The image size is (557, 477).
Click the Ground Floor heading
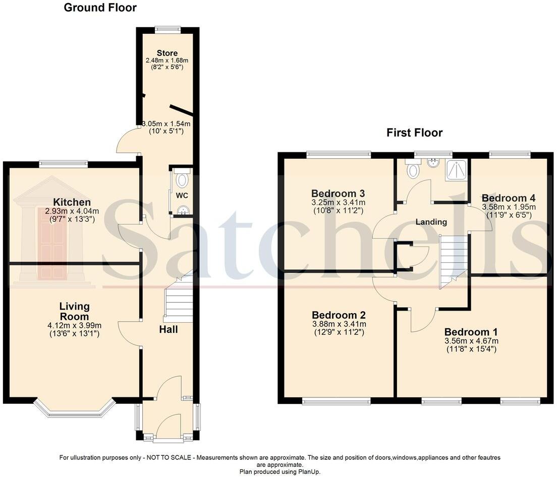coord(100,8)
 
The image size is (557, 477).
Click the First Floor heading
coord(414,133)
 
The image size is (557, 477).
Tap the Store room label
coord(167,53)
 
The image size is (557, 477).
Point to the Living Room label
coord(74,306)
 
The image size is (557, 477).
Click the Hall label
coord(169,329)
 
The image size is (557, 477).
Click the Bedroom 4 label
coord(509,198)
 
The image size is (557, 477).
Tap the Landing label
coord(431,222)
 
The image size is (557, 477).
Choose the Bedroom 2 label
coord(339,315)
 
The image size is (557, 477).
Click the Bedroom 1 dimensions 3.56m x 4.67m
coord(471,341)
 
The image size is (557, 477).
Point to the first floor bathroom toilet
coord(413,169)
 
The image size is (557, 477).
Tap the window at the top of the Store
coord(168,29)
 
